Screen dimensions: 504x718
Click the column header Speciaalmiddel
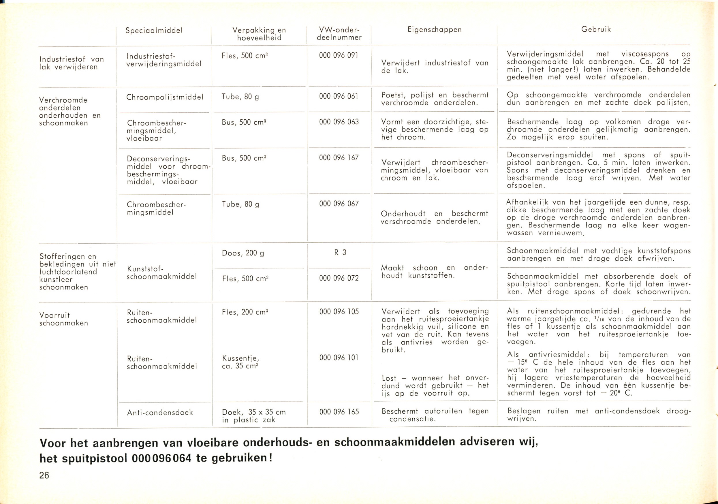[x=154, y=31]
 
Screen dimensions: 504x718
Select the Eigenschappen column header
[x=434, y=30]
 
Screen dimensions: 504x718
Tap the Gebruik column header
[x=596, y=29]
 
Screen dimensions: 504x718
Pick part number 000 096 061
[x=339, y=96]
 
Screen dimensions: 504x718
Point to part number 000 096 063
[x=339, y=122]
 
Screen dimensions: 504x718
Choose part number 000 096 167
[x=339, y=158]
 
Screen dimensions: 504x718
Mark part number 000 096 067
[x=339, y=204]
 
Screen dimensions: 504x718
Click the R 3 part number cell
[x=340, y=253]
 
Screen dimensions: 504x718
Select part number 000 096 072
[x=339, y=278]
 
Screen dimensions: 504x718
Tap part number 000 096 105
[x=339, y=312]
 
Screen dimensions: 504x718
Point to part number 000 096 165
[x=339, y=412]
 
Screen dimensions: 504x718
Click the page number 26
[x=44, y=475]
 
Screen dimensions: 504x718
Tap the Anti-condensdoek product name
[x=160, y=413]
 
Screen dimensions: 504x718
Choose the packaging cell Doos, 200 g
[x=243, y=253]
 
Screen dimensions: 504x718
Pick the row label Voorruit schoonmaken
[x=64, y=319]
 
